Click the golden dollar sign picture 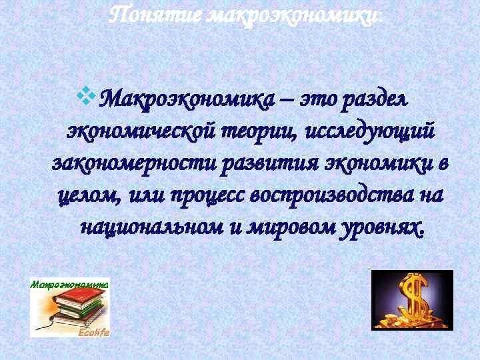tap(411, 300)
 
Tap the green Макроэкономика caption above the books tap(69, 283)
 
